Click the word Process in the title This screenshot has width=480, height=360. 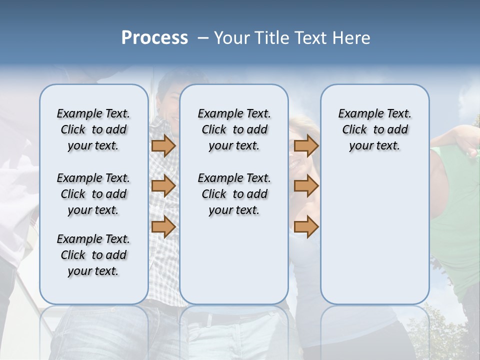(154, 38)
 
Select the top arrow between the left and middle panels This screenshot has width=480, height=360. (163, 145)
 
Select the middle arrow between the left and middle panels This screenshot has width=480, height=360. (163, 186)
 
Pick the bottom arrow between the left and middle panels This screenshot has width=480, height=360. (163, 226)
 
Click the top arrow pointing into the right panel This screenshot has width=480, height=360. (306, 145)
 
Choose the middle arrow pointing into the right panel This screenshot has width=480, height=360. (306, 186)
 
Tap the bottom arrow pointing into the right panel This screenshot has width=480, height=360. (306, 226)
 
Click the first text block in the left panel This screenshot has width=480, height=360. (93, 129)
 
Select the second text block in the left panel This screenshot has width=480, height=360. (93, 194)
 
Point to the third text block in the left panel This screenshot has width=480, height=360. (93, 255)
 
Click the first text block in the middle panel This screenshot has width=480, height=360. (234, 129)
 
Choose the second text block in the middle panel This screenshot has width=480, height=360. (234, 194)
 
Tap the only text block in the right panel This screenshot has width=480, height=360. (374, 129)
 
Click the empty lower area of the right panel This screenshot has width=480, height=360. (374, 235)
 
